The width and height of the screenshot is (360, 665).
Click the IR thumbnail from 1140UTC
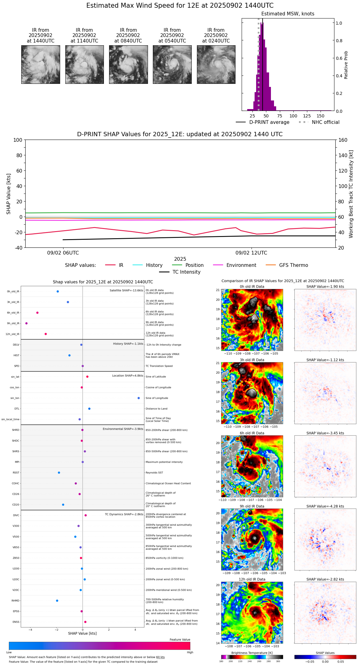(84, 64)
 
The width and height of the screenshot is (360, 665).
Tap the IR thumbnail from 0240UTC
(216, 64)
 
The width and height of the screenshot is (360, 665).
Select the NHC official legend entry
(325, 122)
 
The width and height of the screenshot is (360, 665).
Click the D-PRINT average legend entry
(269, 122)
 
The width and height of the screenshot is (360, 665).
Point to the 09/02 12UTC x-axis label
(251, 253)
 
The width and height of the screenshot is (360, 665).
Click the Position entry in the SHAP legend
(194, 265)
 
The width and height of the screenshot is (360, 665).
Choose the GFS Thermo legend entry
(293, 265)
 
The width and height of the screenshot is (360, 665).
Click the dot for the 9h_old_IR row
(27, 323)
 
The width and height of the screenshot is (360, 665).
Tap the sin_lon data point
(139, 398)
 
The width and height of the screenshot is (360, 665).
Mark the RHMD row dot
(57, 601)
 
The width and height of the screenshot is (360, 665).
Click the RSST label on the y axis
(16, 473)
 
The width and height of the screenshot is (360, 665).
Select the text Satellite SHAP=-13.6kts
(126, 291)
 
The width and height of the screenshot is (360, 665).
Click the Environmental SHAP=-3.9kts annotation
(123, 429)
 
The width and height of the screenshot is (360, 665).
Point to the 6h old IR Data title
(252, 433)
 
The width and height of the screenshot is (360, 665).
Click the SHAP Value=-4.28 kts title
(325, 506)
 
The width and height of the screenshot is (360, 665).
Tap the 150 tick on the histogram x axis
(321, 116)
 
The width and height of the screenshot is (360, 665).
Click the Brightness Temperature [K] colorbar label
(252, 653)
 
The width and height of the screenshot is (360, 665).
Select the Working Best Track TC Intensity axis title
(351, 194)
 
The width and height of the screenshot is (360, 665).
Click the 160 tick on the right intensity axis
(343, 140)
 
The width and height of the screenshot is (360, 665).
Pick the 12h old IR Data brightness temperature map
(252, 612)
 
